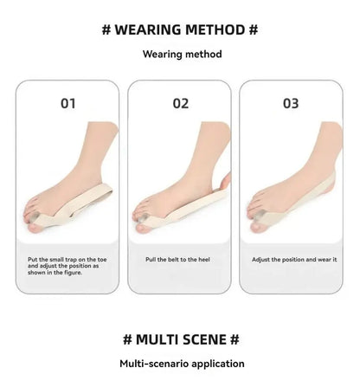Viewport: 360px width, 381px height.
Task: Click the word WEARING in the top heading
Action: click(148, 29)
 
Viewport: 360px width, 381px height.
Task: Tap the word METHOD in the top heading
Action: click(215, 29)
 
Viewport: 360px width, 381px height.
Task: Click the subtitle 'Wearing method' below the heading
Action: click(183, 54)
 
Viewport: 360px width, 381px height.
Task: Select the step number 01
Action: click(68, 103)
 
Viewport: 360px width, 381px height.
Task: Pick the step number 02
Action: click(181, 103)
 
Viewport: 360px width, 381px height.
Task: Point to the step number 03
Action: click(291, 103)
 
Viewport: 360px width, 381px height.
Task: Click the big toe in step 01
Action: click(35, 227)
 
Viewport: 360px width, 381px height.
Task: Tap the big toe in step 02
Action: click(144, 228)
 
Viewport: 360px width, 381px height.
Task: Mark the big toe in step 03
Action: click(258, 226)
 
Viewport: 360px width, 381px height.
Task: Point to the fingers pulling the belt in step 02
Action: click(226, 180)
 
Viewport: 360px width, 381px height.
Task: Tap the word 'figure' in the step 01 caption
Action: click(71, 273)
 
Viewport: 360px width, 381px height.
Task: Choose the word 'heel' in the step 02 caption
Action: click(204, 260)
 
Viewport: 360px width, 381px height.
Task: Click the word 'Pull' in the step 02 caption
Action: click(151, 260)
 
